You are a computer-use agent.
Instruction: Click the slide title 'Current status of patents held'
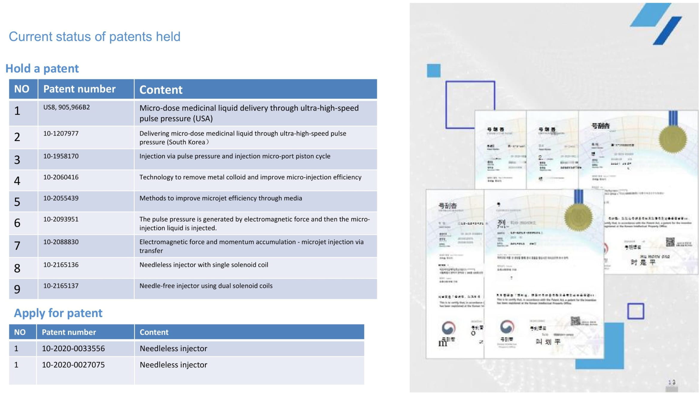click(x=95, y=37)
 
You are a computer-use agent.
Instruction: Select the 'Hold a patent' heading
click(x=42, y=69)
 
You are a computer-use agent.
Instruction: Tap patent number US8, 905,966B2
click(x=66, y=107)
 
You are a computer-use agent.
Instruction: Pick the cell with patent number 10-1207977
click(x=61, y=134)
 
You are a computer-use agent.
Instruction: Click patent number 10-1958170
click(x=61, y=156)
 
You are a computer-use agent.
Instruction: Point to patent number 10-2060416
click(x=61, y=177)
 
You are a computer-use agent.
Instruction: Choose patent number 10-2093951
click(x=61, y=219)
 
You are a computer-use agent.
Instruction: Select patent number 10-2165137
click(x=61, y=286)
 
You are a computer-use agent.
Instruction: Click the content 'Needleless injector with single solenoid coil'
click(x=203, y=265)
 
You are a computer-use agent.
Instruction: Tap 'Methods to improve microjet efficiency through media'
click(x=220, y=198)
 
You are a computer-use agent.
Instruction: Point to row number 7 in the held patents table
click(x=17, y=246)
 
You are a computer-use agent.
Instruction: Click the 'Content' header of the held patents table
click(x=161, y=90)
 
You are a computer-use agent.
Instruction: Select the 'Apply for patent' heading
click(x=58, y=313)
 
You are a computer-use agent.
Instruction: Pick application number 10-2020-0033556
click(x=73, y=348)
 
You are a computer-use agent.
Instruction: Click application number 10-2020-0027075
click(x=73, y=365)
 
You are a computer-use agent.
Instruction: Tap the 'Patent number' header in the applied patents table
click(x=69, y=332)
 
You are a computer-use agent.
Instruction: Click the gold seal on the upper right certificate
click(x=673, y=139)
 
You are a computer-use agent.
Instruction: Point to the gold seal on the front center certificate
click(x=578, y=217)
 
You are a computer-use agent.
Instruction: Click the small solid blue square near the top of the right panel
click(x=433, y=71)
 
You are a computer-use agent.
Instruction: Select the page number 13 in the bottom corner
click(x=672, y=382)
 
